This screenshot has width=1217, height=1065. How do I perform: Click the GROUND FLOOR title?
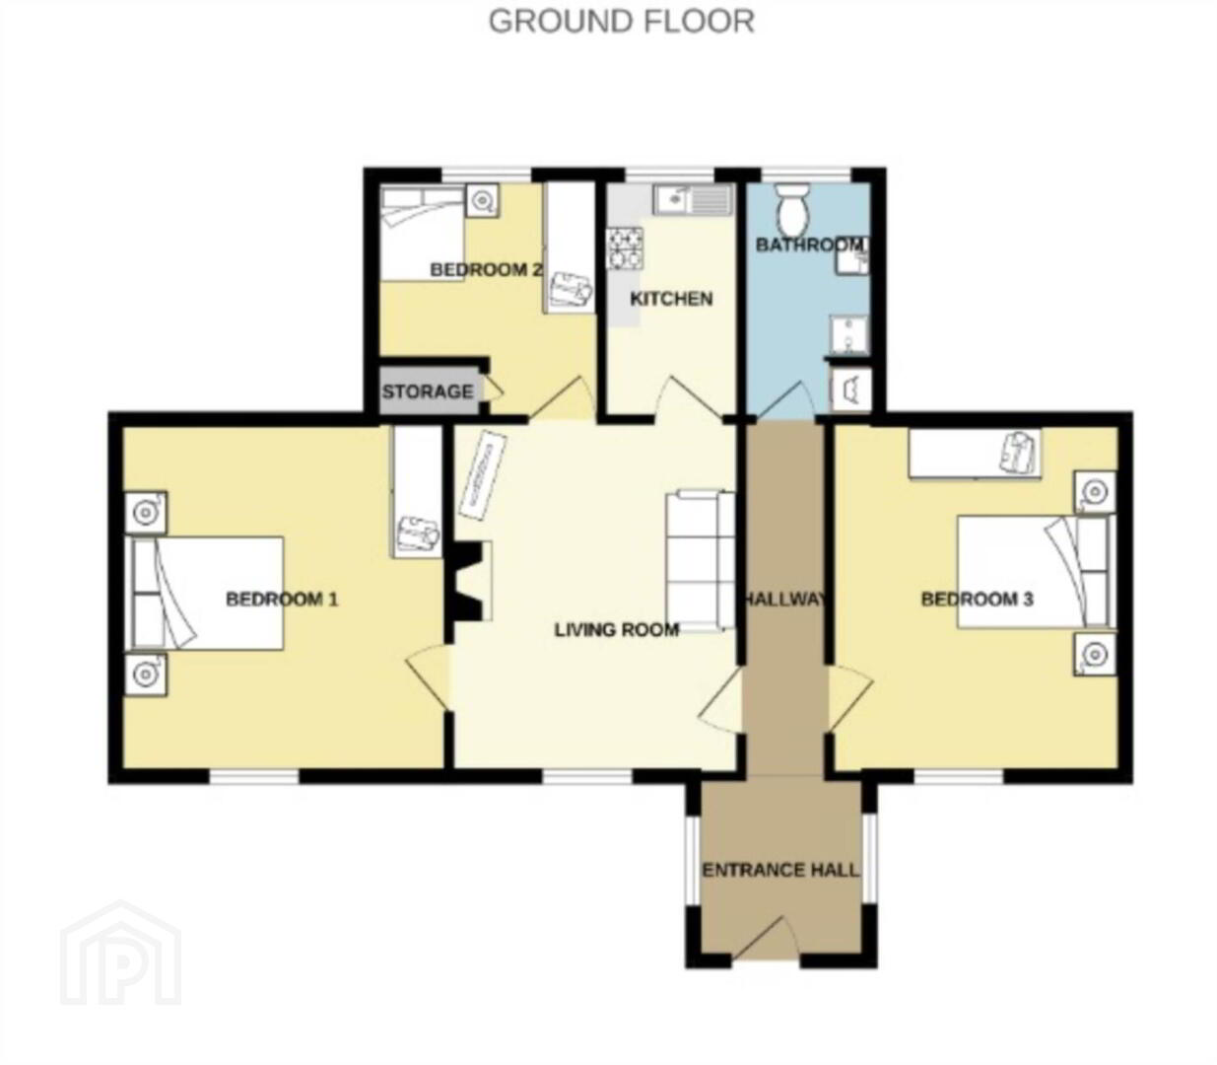click(x=621, y=22)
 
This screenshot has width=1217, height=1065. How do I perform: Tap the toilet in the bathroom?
click(x=793, y=208)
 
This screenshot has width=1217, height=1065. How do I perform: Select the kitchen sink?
click(x=693, y=199)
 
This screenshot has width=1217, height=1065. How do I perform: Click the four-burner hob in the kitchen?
click(x=625, y=248)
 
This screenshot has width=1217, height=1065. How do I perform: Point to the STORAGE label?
click(x=428, y=391)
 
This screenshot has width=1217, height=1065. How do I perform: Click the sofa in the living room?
click(x=701, y=560)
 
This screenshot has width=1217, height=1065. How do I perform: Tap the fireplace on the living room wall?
click(x=471, y=581)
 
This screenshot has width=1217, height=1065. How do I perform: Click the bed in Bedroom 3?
click(x=1036, y=572)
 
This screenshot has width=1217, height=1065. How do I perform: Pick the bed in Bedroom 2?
click(x=423, y=233)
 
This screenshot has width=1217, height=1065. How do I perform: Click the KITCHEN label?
click(x=671, y=298)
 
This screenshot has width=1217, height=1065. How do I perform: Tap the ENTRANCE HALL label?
click(x=780, y=870)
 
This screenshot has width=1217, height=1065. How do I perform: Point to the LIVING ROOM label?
click(x=616, y=629)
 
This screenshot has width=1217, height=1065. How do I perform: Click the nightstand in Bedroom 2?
click(x=482, y=200)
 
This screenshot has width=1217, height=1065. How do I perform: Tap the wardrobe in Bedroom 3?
click(x=975, y=453)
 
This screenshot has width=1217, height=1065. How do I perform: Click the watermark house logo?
click(x=121, y=954)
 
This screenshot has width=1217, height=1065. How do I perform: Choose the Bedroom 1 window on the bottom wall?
click(x=254, y=777)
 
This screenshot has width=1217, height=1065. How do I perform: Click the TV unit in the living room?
click(x=483, y=476)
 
